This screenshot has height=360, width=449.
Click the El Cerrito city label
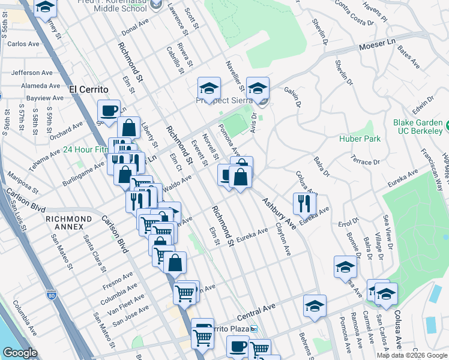[x=88, y=89]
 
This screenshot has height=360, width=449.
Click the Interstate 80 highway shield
[x=50, y=295]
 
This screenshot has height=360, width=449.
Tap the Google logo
[x=20, y=353]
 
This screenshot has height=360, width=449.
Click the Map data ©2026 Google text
[x=412, y=355]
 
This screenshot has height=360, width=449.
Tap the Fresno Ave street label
[x=117, y=279]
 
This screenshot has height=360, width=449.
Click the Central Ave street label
[x=256, y=310]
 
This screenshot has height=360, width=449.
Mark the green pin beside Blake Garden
[x=447, y=127]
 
